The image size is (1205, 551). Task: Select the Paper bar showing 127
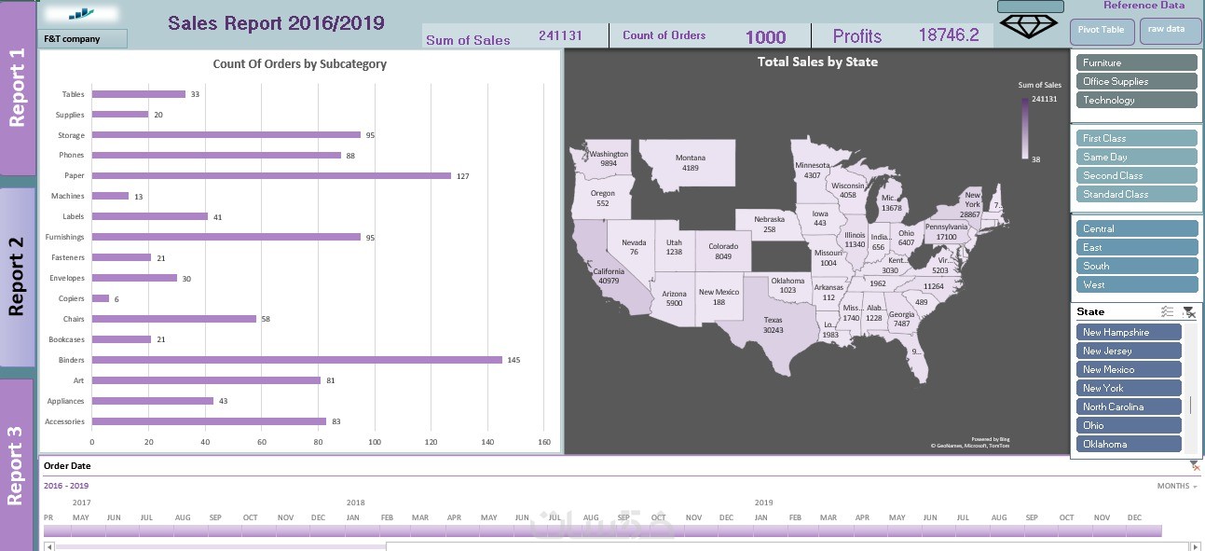(x=271, y=175)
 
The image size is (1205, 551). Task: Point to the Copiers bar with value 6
(x=101, y=298)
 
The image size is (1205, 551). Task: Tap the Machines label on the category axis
(x=67, y=196)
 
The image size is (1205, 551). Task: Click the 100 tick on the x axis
(x=375, y=442)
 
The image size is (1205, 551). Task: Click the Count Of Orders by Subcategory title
(x=299, y=64)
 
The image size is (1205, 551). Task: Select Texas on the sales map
(x=773, y=324)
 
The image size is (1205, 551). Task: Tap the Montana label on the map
(x=690, y=158)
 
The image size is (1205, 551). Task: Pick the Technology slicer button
(x=1136, y=100)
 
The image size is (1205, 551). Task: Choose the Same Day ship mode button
(x=1136, y=157)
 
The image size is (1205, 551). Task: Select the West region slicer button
(x=1136, y=284)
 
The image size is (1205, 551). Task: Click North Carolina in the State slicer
(x=1129, y=406)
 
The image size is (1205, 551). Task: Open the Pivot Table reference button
(x=1101, y=30)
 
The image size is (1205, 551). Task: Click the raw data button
(x=1167, y=30)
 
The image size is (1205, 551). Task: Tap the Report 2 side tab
(x=17, y=277)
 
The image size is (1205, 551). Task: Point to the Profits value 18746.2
(x=948, y=35)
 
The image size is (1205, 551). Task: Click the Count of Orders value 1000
(x=765, y=37)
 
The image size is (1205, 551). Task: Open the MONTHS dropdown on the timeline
(x=1177, y=486)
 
